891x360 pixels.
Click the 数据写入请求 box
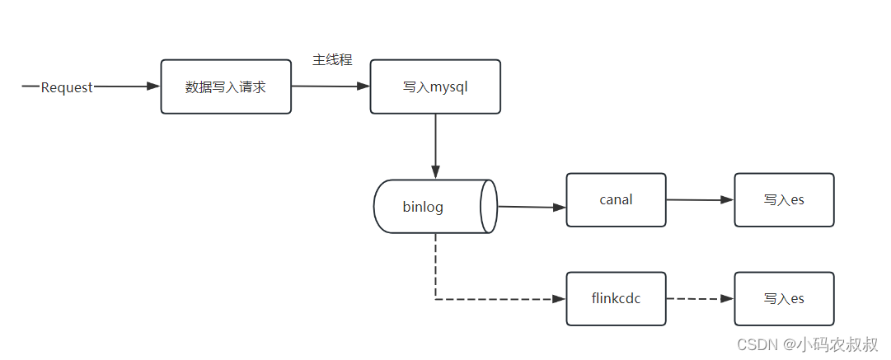[x=226, y=86]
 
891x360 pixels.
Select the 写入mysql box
[x=435, y=86]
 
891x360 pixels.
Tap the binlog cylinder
[x=435, y=207]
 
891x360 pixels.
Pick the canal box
[x=616, y=199]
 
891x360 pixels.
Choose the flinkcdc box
[x=616, y=298]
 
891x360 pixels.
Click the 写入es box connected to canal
[x=784, y=199]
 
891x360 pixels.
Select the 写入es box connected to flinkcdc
[x=784, y=298]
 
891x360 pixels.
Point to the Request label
[x=67, y=87]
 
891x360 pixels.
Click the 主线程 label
[x=332, y=60]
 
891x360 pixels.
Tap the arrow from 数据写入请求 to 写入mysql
[x=331, y=86]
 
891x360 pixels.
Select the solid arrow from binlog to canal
[x=532, y=207]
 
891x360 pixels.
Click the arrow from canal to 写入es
[x=700, y=199]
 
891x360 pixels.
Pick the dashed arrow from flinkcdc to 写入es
[x=700, y=298]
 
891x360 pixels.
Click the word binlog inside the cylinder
[x=423, y=207]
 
